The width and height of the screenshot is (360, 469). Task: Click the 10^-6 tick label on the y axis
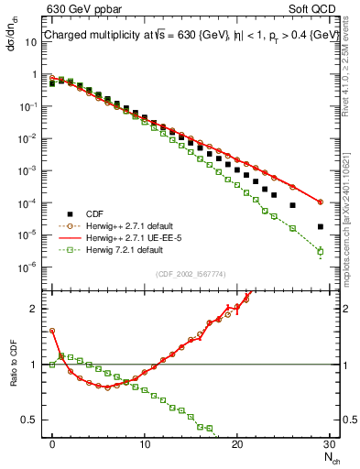click(33, 267)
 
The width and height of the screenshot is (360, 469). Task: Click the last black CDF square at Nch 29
click(320, 226)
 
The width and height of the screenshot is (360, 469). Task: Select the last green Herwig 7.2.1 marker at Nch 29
click(320, 251)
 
